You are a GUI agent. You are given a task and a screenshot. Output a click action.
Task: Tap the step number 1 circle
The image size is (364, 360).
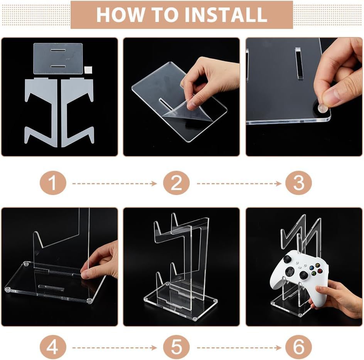point(53,183)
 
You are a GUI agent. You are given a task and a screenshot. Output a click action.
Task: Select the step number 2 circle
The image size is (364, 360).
point(176,183)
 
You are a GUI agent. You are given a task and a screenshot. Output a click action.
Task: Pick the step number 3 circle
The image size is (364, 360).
point(299,183)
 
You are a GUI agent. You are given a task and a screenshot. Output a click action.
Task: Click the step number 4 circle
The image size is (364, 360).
point(53,347)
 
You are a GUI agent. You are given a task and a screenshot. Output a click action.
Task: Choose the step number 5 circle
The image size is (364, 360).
point(176,347)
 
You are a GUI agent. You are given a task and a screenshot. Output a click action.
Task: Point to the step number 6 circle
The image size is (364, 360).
point(299,347)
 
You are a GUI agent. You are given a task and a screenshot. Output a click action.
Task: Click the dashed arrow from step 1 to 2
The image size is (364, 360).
point(115,183)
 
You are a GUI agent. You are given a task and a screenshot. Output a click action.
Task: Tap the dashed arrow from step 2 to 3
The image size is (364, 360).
point(239,183)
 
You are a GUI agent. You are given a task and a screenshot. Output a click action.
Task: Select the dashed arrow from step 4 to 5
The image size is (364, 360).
point(115,348)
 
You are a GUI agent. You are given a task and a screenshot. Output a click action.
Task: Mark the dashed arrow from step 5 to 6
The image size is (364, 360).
point(239,348)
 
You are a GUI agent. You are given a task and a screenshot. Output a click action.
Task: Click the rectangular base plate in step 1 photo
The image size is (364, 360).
point(58,58)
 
